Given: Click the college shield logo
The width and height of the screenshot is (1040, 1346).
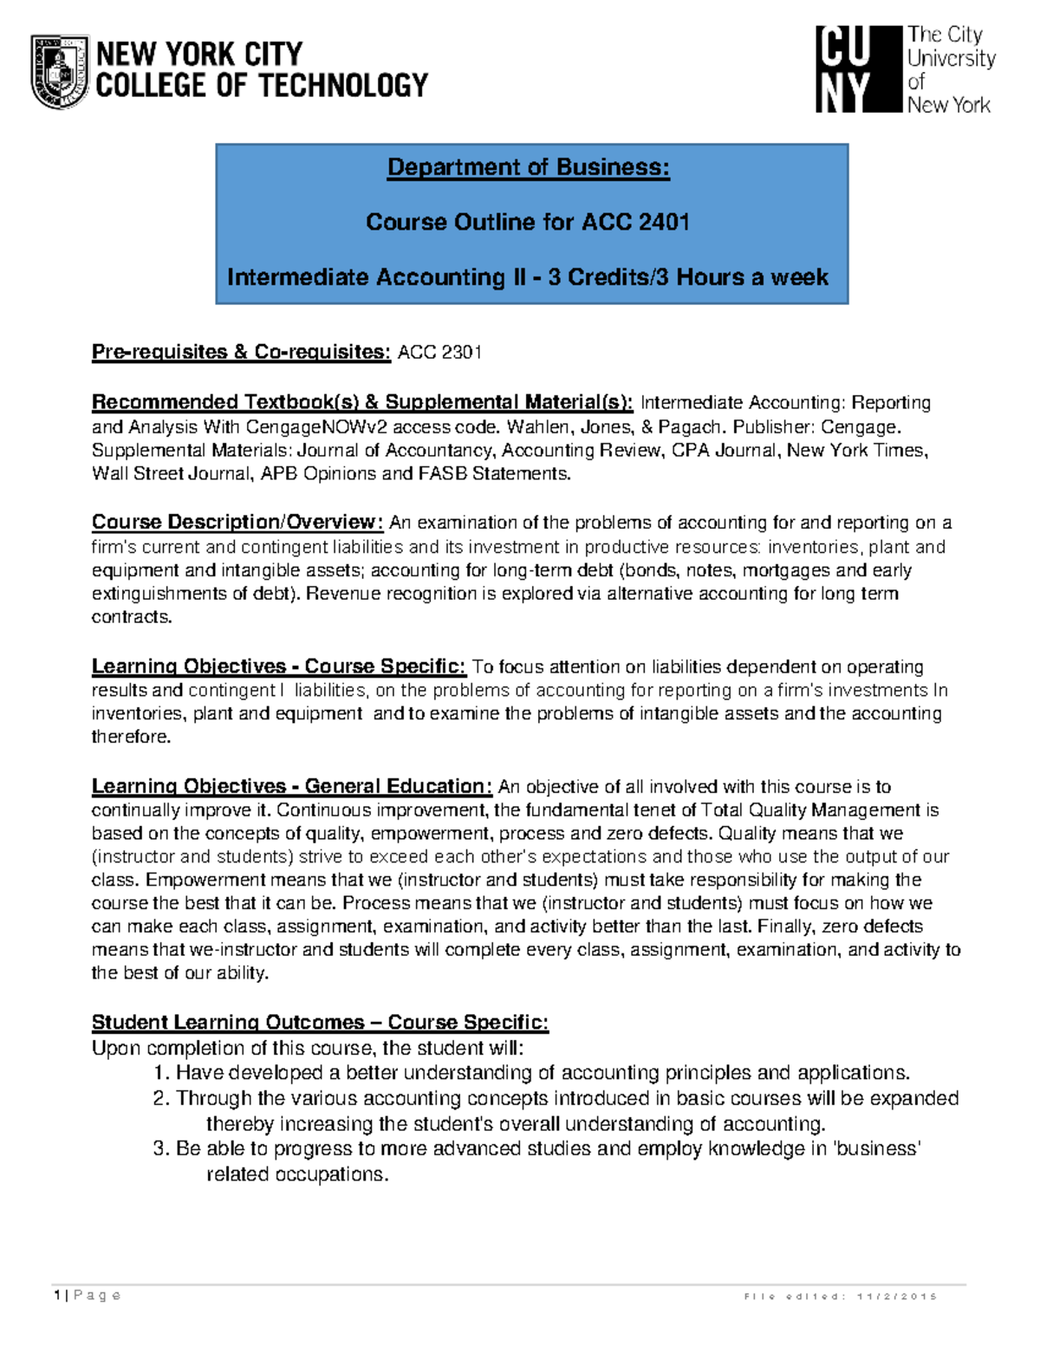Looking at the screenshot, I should tap(60, 71).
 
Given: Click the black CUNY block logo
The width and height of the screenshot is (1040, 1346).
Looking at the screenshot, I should tap(858, 69).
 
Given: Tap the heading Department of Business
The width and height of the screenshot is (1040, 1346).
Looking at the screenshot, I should tap(528, 166).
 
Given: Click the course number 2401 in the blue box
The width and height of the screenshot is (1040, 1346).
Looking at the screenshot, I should tap(663, 222).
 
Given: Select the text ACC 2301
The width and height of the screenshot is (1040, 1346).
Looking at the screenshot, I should tap(439, 352).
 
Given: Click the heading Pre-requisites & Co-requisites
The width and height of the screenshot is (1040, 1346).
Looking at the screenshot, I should tap(241, 352).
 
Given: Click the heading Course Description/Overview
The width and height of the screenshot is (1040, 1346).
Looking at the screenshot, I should tap(237, 522).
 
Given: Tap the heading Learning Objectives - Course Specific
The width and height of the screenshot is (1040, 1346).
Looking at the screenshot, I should tap(278, 666).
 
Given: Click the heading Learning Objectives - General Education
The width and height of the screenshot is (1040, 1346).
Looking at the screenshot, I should tap(291, 786).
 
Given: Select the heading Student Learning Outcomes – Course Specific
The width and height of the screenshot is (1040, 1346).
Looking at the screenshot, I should tap(320, 1022).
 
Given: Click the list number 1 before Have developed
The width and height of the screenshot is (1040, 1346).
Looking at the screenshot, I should tap(160, 1073).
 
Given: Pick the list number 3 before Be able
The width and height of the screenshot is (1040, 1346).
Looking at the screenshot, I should tap(160, 1149).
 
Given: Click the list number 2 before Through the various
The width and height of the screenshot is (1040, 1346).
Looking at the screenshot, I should tap(160, 1099).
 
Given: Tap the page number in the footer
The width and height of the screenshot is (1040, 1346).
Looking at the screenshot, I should tap(57, 1296).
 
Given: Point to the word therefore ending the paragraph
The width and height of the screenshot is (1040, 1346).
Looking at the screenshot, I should tap(131, 737).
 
